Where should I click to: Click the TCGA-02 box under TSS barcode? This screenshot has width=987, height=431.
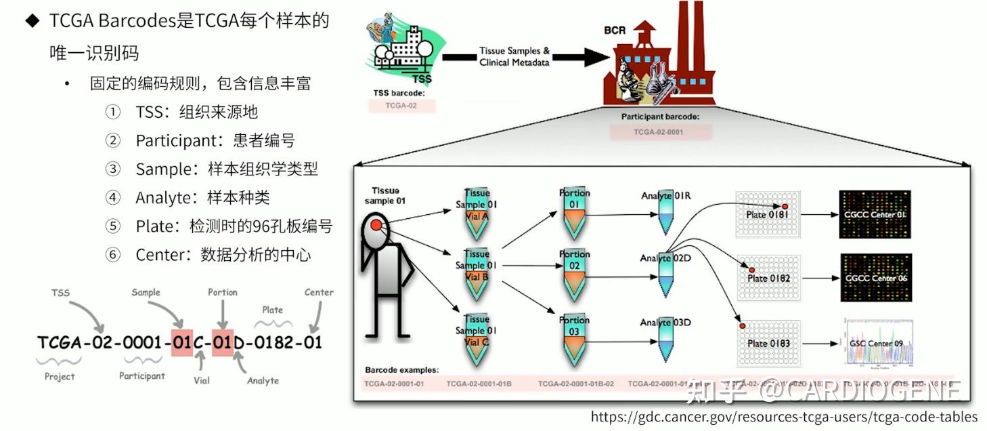tap(401, 106)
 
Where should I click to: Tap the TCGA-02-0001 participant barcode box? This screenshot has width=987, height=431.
tap(661, 131)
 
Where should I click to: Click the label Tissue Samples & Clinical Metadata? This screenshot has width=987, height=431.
tap(514, 56)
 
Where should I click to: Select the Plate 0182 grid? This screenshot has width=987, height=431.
tap(768, 278)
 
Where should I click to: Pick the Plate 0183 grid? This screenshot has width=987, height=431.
tap(768, 343)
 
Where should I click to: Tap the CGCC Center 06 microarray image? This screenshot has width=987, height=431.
tap(875, 278)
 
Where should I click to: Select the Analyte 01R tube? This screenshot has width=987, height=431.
tap(666, 215)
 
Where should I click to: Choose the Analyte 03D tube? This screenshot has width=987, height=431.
tap(666, 344)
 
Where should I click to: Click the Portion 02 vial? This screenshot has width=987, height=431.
tap(574, 274)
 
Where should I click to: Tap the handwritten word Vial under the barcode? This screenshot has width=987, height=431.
tap(202, 380)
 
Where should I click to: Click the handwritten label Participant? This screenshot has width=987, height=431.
tap(141, 375)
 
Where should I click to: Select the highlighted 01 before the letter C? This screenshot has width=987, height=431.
tap(182, 342)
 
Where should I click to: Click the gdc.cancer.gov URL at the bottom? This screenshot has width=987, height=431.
tap(784, 417)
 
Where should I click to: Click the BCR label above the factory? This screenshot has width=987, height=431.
tap(615, 31)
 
